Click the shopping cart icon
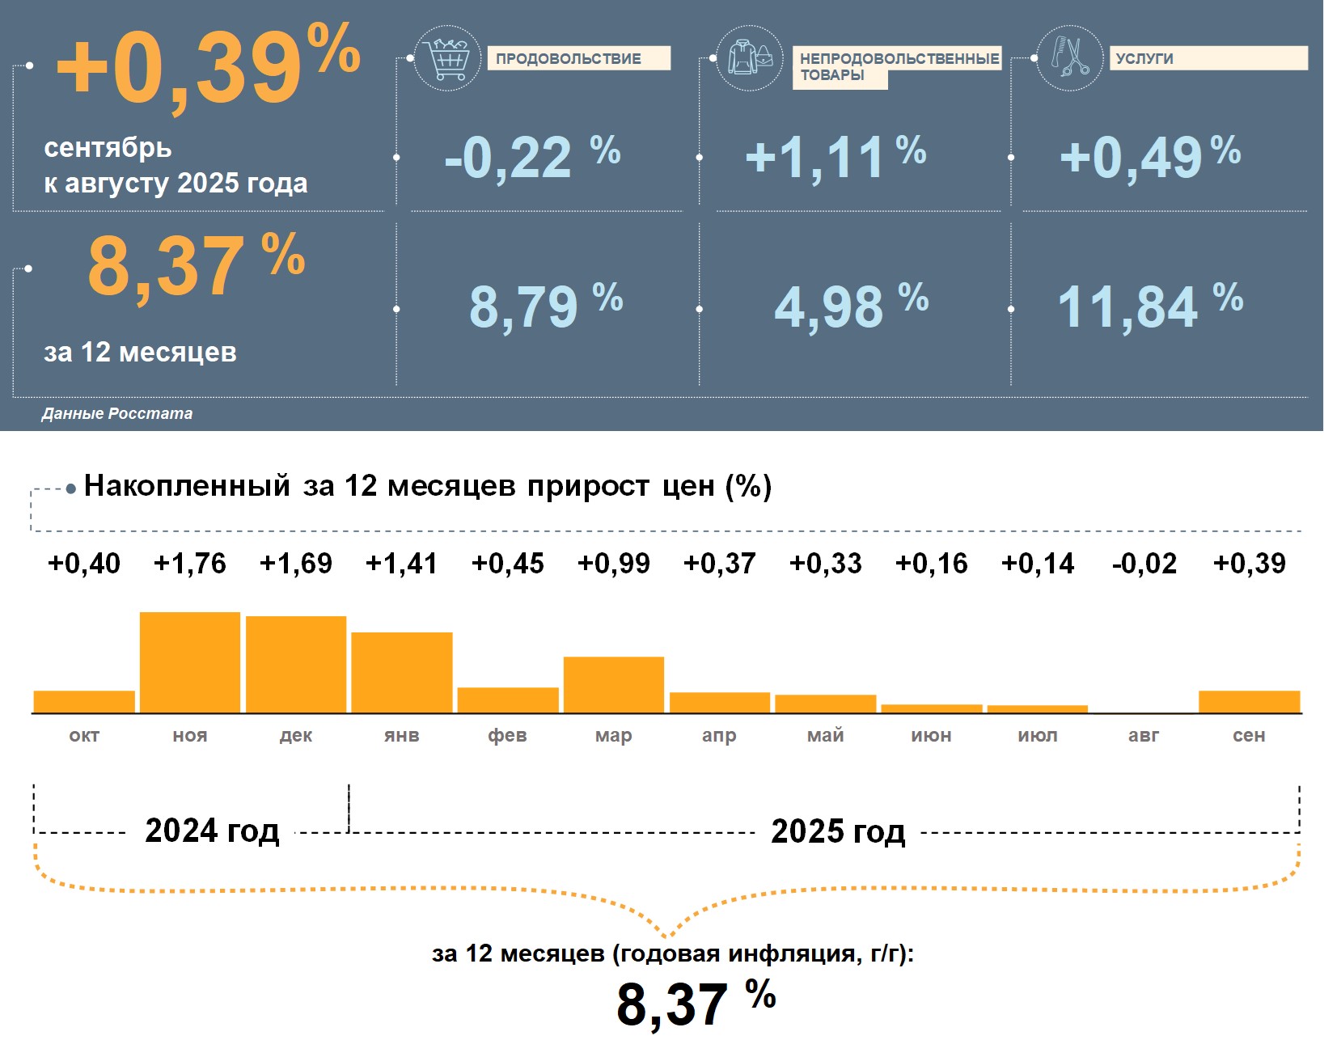click(447, 58)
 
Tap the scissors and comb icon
click(1069, 57)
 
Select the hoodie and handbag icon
click(750, 58)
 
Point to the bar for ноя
click(190, 662)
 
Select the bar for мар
click(614, 685)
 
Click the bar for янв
click(402, 672)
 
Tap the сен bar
click(1249, 702)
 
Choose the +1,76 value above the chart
click(190, 563)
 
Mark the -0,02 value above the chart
click(1144, 563)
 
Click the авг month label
click(1144, 735)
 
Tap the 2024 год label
click(212, 831)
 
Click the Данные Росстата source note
click(117, 413)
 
